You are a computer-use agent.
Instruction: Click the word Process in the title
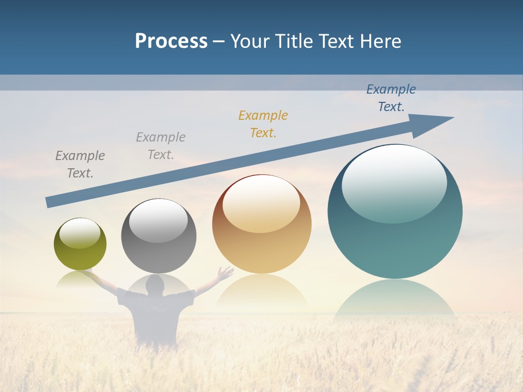(171, 41)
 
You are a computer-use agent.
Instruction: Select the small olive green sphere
(80, 244)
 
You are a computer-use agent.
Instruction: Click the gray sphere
(159, 236)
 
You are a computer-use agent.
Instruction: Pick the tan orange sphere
(261, 224)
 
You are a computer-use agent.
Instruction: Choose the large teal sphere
(395, 212)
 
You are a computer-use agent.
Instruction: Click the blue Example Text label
(391, 98)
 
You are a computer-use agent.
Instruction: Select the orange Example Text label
(263, 124)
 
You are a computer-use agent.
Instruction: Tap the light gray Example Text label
(161, 145)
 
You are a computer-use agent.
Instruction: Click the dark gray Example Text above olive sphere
(80, 164)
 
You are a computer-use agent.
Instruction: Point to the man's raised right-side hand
(224, 272)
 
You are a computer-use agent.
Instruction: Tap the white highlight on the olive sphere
(80, 233)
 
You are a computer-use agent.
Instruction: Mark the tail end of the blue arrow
(49, 202)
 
